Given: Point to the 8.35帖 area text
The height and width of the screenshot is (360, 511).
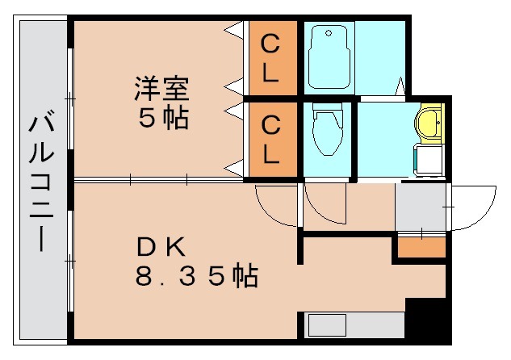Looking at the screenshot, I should [196, 276].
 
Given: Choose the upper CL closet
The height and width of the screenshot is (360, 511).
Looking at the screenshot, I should [271, 58].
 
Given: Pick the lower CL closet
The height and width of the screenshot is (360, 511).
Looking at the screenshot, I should [271, 139].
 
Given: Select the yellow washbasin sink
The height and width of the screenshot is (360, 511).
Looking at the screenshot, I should [428, 123].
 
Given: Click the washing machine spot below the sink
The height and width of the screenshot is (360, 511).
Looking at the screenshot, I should [428, 160].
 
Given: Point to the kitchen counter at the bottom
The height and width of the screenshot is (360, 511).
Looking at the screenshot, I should [355, 325].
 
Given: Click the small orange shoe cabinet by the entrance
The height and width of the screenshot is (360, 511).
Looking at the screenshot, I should [421, 248].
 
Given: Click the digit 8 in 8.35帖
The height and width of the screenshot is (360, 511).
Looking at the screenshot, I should [144, 277].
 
